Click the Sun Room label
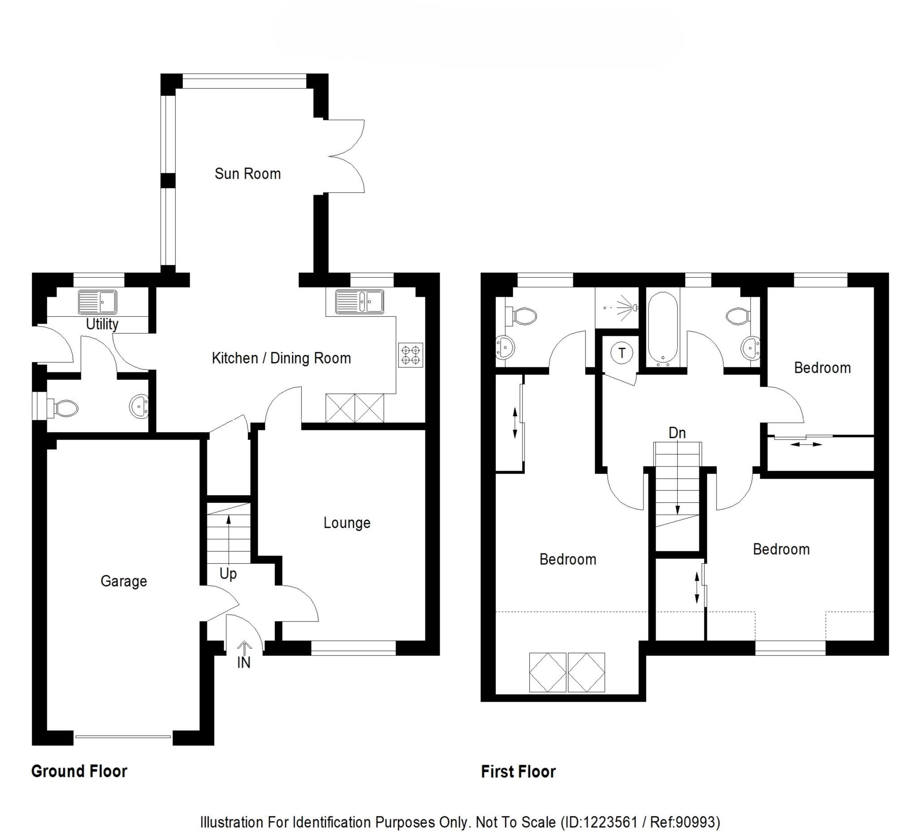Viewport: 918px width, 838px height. pos(247,173)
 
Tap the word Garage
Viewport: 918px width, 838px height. pos(123,581)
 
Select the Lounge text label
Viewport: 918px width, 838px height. pos(346,523)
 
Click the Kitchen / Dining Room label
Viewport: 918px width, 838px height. pos(281,358)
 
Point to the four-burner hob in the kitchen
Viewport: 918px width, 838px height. pos(410,355)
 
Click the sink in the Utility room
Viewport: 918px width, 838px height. pos(97,302)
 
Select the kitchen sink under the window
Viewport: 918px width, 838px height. pos(359,302)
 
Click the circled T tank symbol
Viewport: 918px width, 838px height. pos(622,353)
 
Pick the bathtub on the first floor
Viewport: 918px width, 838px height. pos(663,328)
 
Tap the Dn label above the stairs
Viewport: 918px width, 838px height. pos(677,433)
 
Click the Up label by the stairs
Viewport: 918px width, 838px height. pos(228,574)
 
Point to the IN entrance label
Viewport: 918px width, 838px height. pos(243,662)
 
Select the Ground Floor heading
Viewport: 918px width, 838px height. pos(79,771)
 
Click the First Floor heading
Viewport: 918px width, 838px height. pos(518,772)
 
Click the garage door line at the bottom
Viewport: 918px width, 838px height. pos(123,736)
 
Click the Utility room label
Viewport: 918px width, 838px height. pos(102,324)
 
